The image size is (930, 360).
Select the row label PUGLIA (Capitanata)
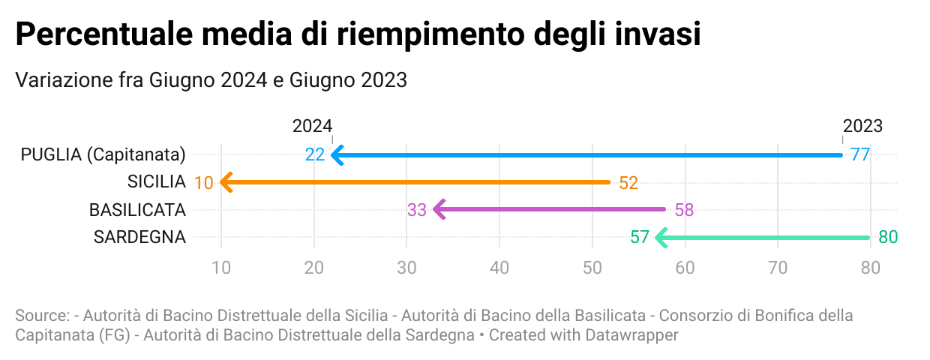pyautogui.click(x=103, y=155)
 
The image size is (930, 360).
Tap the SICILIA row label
pyautogui.click(x=156, y=182)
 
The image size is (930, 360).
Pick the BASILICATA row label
pyautogui.click(x=137, y=210)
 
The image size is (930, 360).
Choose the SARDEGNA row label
pyautogui.click(x=139, y=238)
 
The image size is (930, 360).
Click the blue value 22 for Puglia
pyautogui.click(x=315, y=155)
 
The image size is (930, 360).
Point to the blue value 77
pyautogui.click(x=859, y=155)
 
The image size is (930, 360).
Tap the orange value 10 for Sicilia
pyautogui.click(x=203, y=183)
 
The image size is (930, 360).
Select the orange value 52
pyautogui.click(x=628, y=183)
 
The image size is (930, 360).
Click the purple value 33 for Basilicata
pyautogui.click(x=417, y=210)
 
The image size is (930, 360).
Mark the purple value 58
pyautogui.click(x=684, y=210)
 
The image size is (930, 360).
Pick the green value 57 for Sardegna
pyautogui.click(x=639, y=238)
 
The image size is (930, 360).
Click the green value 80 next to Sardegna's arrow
pyautogui.click(x=888, y=238)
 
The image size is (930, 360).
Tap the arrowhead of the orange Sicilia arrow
pyautogui.click(x=226, y=182)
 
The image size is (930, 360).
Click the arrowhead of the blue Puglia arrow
pyautogui.click(x=337, y=155)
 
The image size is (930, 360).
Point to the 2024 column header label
pyautogui.click(x=312, y=126)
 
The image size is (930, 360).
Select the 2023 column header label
pyautogui.click(x=862, y=126)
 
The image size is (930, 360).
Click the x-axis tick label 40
pyautogui.click(x=499, y=266)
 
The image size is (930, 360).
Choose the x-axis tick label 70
pyautogui.click(x=777, y=266)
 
